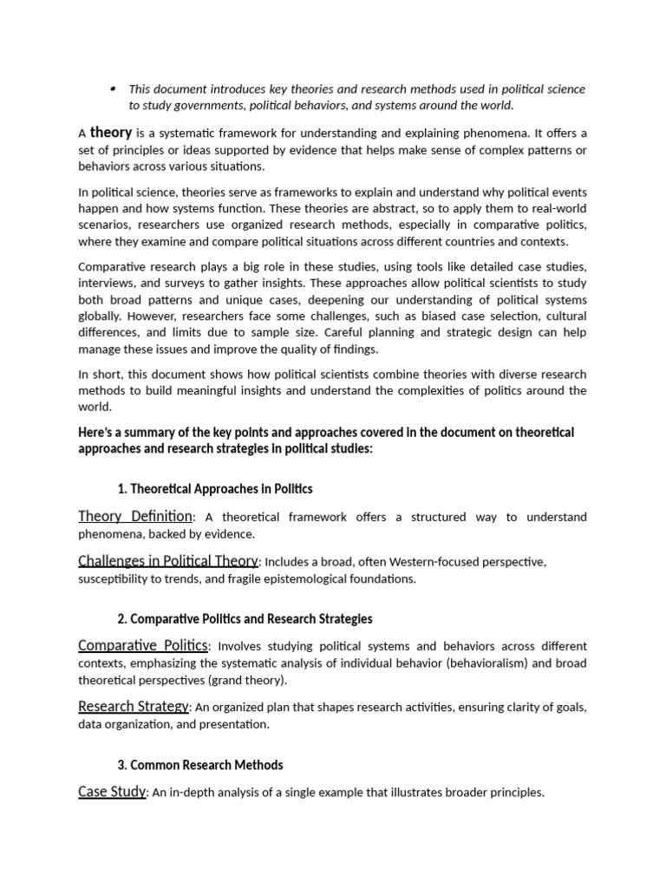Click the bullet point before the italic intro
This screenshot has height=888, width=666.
point(114,88)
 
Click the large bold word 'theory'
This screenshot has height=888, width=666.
point(111,133)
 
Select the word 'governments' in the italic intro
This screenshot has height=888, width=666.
point(203,106)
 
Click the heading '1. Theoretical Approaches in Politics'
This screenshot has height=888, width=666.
point(214,489)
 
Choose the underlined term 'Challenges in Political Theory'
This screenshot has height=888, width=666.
point(168,561)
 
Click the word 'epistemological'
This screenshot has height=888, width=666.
point(284,578)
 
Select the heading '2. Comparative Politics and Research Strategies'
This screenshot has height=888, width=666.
point(245,619)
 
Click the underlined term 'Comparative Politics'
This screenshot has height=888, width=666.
point(143,646)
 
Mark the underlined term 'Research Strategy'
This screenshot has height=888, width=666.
point(133,707)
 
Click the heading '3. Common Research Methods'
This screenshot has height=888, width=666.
point(199,765)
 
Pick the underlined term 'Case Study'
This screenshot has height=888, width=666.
point(112,792)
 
